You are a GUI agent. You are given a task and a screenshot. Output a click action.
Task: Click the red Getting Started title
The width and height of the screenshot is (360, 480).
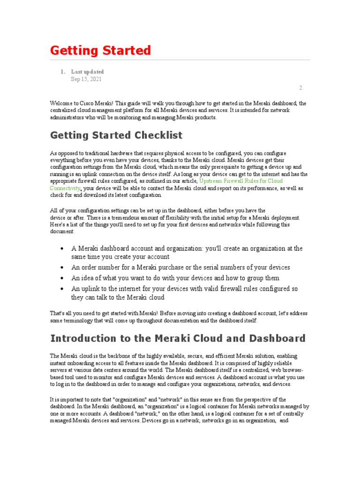click(x=100, y=50)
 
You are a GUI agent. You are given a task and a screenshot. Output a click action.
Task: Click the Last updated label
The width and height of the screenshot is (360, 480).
click(x=87, y=72)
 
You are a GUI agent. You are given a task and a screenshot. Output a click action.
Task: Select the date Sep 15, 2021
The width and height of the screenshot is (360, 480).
click(x=86, y=79)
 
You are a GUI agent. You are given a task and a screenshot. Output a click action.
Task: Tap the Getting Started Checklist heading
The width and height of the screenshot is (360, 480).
click(x=116, y=135)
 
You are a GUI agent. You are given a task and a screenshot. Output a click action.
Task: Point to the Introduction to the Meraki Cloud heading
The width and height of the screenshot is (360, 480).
click(x=178, y=338)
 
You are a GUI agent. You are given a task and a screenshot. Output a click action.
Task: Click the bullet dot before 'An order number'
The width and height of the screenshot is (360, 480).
click(x=62, y=268)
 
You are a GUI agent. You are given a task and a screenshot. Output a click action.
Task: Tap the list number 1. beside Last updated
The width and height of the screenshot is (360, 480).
click(x=62, y=72)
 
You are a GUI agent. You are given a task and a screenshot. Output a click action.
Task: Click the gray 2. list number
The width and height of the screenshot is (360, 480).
click(x=301, y=88)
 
